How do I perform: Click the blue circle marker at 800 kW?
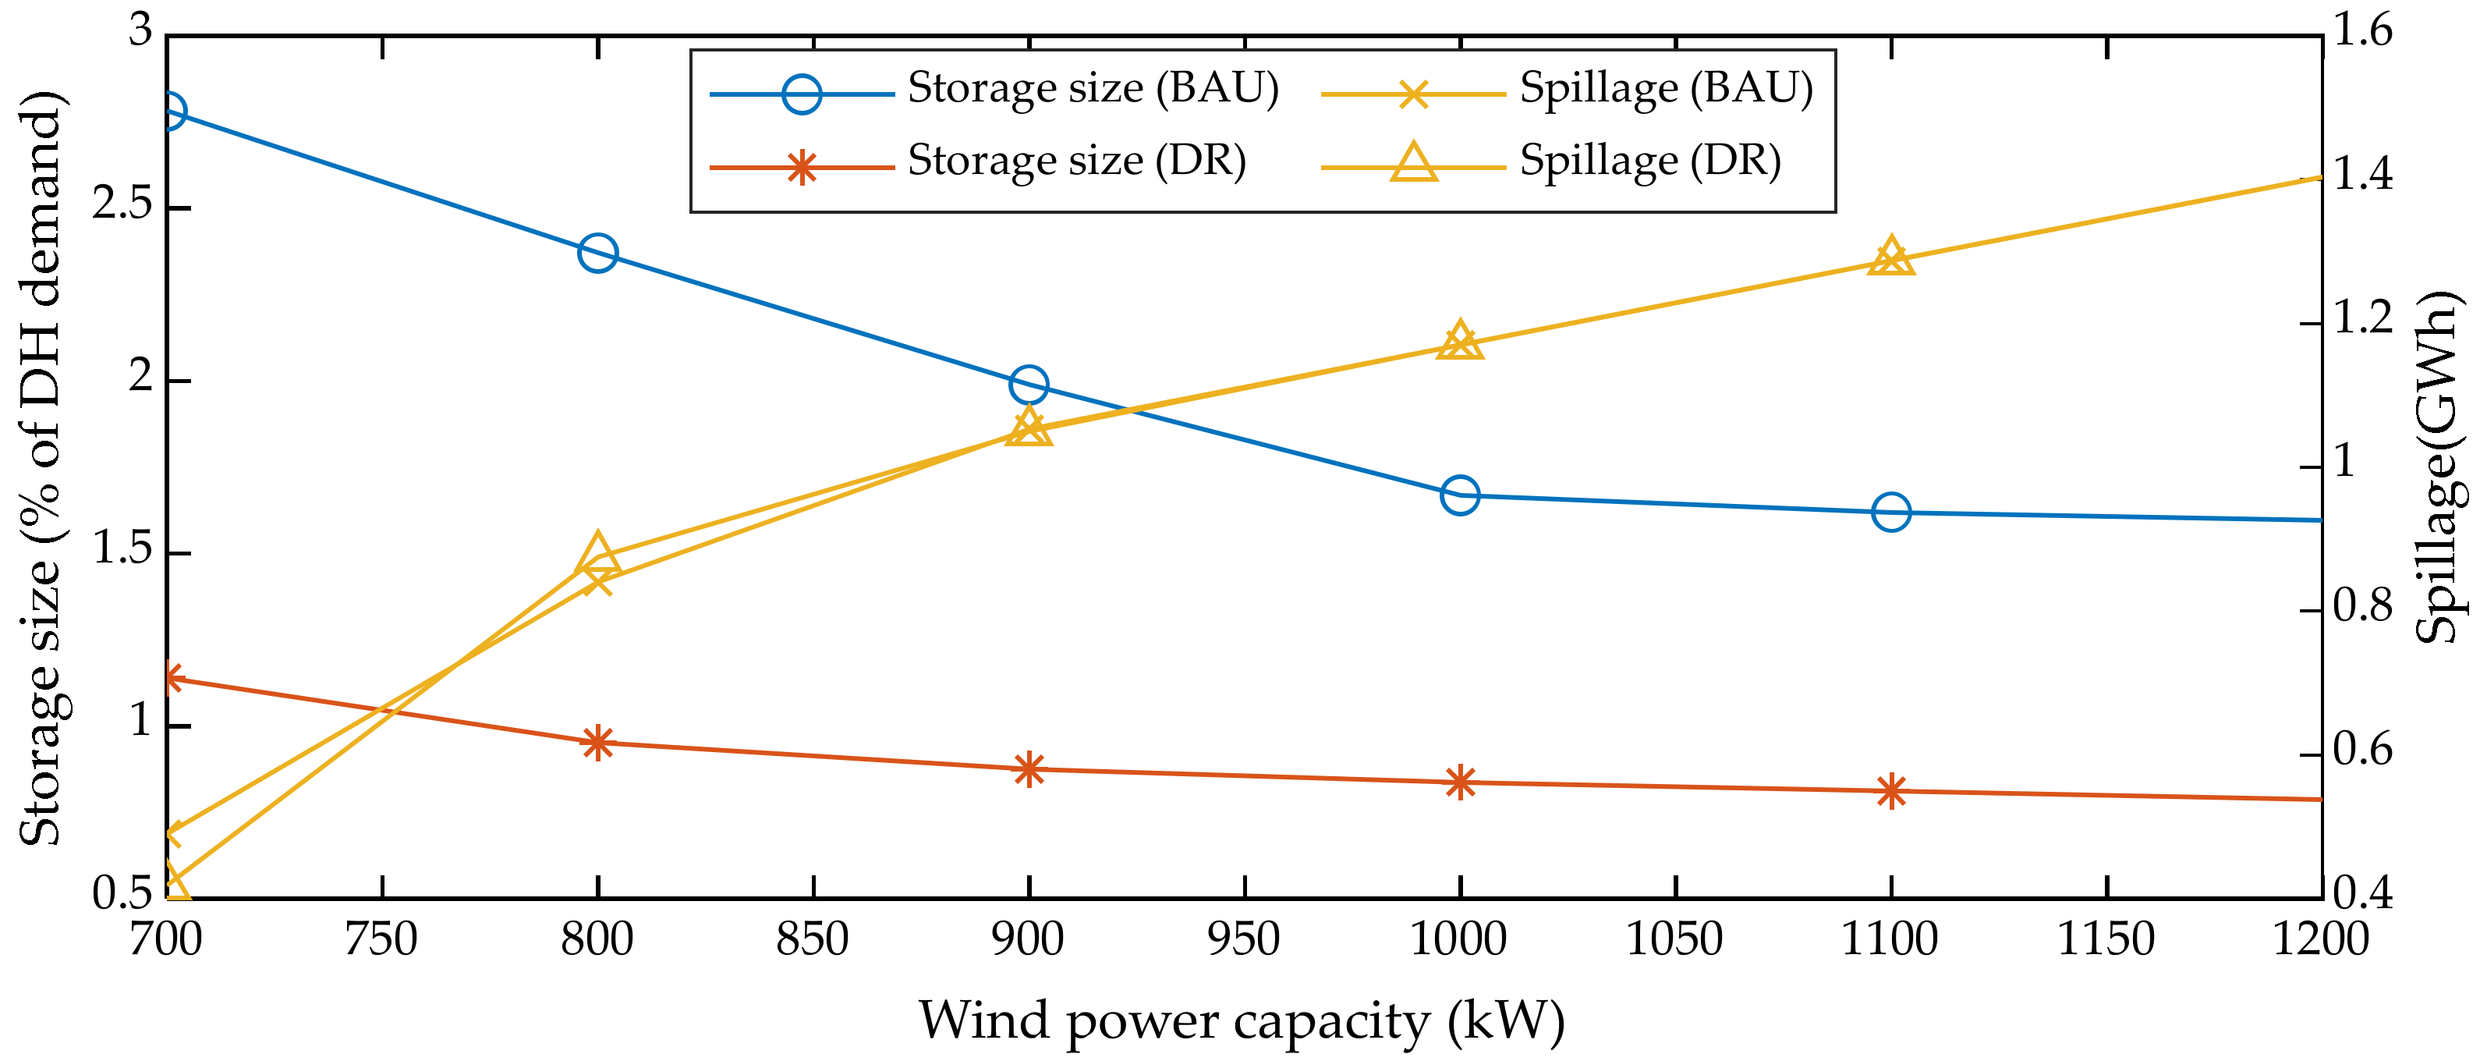[x=598, y=254]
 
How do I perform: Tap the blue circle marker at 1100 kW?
[x=1892, y=513]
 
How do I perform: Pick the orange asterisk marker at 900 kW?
[x=1029, y=769]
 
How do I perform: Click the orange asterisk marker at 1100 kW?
[x=1892, y=791]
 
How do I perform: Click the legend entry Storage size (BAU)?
[x=1093, y=89]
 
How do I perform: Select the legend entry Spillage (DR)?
[x=1649, y=161]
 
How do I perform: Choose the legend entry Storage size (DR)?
[x=1076, y=161]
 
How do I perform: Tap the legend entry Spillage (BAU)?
[x=1666, y=89]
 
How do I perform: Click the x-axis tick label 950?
[x=1244, y=939]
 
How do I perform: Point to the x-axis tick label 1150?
[x=2106, y=939]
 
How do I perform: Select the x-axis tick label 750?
[x=381, y=939]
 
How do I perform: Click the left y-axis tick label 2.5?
[x=122, y=204]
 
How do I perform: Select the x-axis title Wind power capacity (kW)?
[x=1242, y=1021]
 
